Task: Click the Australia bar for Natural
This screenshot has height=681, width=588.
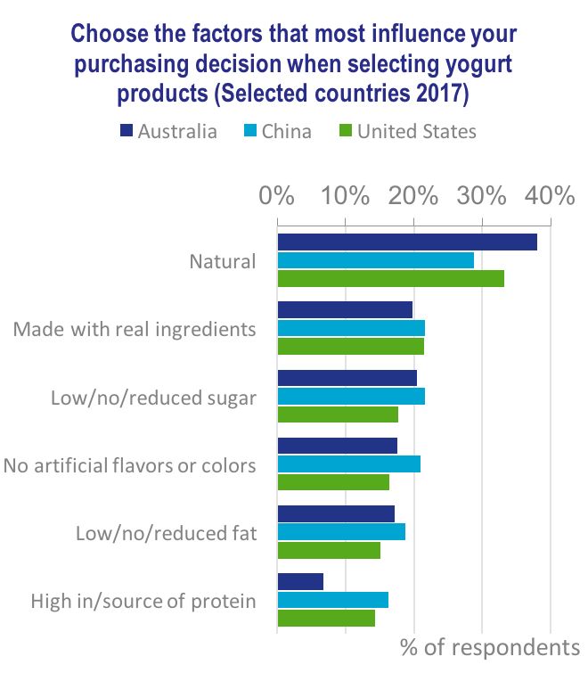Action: tap(407, 242)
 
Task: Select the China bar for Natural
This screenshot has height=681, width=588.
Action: tap(375, 260)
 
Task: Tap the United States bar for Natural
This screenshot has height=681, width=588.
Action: tap(390, 278)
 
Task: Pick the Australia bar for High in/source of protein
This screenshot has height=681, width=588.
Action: tap(300, 581)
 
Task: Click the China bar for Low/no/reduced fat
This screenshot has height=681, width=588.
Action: tap(341, 531)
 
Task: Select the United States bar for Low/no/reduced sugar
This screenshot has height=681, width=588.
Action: tap(338, 414)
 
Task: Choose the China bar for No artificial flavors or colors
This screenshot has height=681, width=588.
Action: tap(348, 464)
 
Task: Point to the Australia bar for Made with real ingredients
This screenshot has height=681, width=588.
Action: tap(345, 310)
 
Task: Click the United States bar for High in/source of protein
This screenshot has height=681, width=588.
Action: tap(326, 618)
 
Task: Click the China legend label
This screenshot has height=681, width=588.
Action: tap(286, 132)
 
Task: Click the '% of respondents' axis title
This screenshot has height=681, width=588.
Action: tap(490, 647)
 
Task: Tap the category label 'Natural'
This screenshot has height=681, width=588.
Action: tap(222, 262)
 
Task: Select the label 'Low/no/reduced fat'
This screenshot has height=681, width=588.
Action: tap(167, 534)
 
